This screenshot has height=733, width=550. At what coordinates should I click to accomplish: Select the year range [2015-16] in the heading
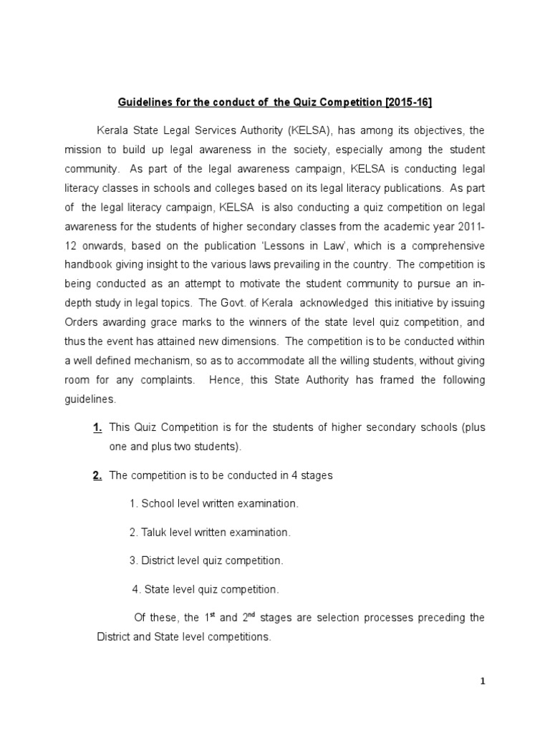click(409, 103)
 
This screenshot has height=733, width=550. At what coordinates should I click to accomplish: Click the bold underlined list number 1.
click(97, 428)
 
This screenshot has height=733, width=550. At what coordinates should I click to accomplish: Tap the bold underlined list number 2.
click(97, 476)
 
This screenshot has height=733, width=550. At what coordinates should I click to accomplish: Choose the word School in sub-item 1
click(158, 504)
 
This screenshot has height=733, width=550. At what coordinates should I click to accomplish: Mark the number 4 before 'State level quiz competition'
click(136, 590)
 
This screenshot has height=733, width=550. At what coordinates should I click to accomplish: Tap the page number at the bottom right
click(483, 681)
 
